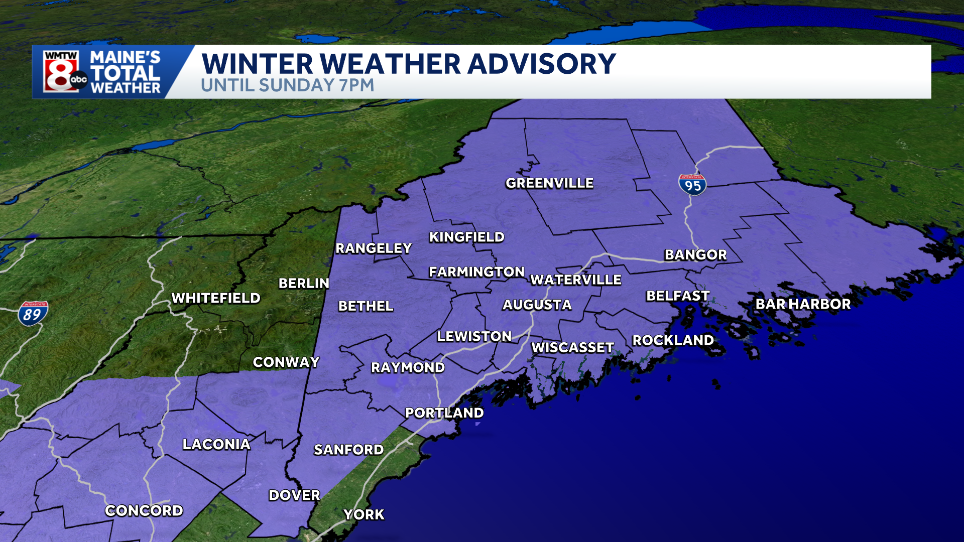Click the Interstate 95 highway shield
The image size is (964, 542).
coord(692,185)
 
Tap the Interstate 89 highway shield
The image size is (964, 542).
coord(33,314)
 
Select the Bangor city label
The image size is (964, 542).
coord(695,255)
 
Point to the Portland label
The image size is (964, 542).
coord(444,413)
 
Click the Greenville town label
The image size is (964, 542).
coord(549,183)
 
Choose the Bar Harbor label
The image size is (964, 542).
coord(803,304)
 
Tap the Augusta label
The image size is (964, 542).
coord(537,305)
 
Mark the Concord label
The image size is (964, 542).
coord(144,511)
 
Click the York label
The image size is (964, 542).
coord(364,514)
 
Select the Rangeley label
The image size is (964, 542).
coord(374,248)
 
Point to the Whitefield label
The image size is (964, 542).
coord(216,298)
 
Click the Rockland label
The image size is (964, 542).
coord(673,340)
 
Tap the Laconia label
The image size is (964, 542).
coord(216,445)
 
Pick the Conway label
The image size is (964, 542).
coord(286,362)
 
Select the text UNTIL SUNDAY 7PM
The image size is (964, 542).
coord(288,85)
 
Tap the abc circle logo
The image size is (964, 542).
coord(79,80)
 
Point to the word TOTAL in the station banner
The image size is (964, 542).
coord(125,73)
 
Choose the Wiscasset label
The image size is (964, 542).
coord(572,347)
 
